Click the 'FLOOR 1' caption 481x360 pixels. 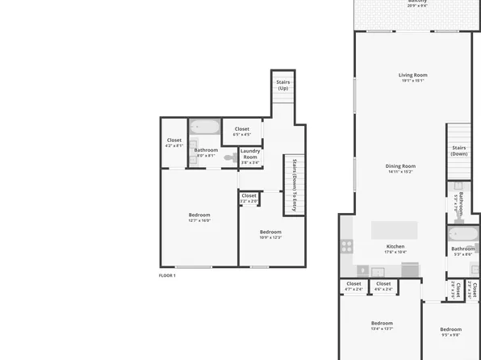pyautogui.click(x=167, y=275)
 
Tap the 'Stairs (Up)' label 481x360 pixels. pyautogui.click(x=282, y=84)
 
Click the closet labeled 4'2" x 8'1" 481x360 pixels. pyautogui.click(x=174, y=143)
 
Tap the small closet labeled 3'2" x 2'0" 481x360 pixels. pyautogui.click(x=249, y=197)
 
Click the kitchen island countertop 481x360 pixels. pyautogui.click(x=395, y=230)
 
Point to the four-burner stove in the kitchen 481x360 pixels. pyautogui.click(x=347, y=244)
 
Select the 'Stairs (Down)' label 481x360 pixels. pyautogui.click(x=458, y=150)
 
